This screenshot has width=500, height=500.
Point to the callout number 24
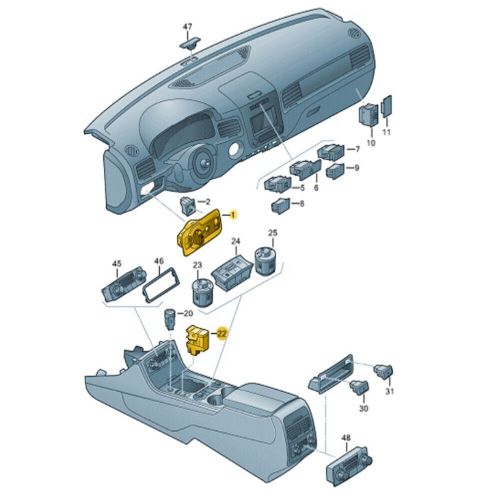[x=237, y=243]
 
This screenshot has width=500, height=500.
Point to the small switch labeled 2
[x=187, y=206]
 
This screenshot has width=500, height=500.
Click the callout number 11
[x=388, y=132]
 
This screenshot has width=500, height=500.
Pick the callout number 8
[x=302, y=203]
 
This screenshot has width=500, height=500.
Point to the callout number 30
[x=363, y=409]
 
